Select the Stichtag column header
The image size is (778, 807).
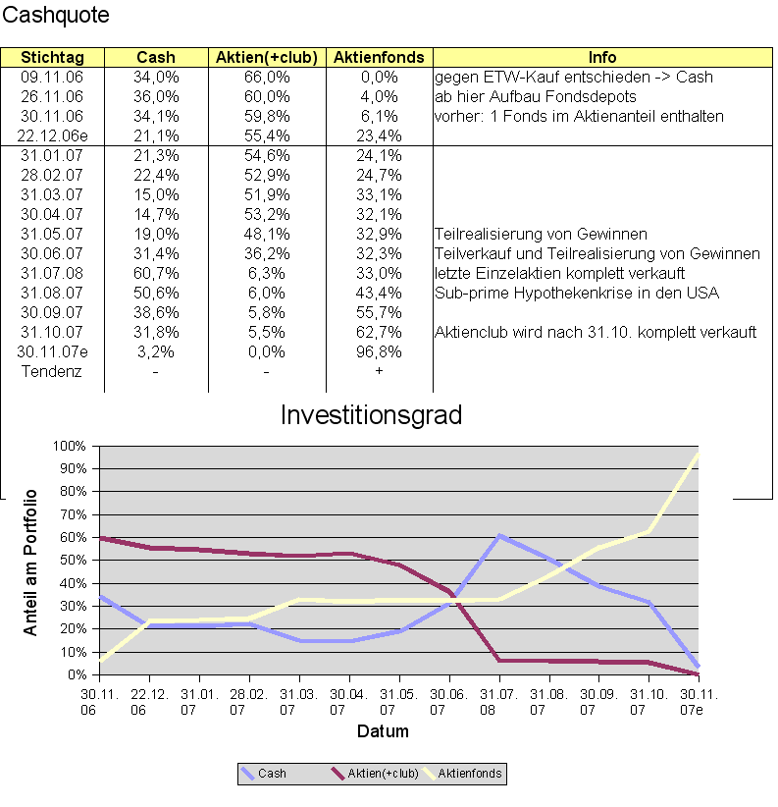[x=52, y=58]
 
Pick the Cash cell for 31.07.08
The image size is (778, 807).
[x=156, y=273]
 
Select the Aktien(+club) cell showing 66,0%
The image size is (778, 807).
[x=267, y=77]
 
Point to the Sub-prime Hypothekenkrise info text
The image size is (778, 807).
[x=577, y=293]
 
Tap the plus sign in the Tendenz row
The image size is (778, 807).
[x=379, y=371]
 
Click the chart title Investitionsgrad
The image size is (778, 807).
[x=371, y=415]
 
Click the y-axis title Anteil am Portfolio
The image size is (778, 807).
[x=31, y=562]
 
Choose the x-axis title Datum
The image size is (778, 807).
[x=382, y=731]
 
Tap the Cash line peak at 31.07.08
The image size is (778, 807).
[x=499, y=536]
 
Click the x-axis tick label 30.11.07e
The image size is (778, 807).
[x=699, y=701]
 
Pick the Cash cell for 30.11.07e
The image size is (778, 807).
[x=156, y=351]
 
